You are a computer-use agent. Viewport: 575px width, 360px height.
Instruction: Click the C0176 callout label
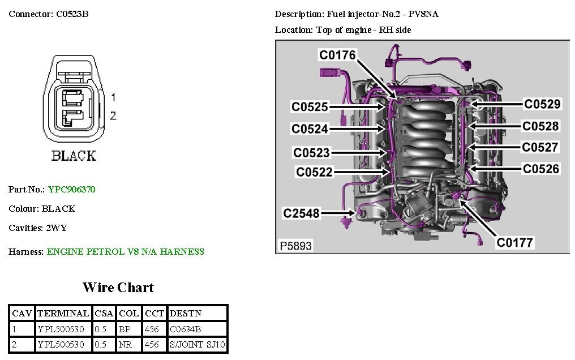(x=337, y=55)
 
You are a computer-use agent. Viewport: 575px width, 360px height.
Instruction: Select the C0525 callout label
(x=310, y=106)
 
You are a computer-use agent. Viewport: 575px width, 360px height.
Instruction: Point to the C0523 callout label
(x=311, y=152)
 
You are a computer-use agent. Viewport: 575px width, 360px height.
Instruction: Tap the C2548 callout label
(x=302, y=213)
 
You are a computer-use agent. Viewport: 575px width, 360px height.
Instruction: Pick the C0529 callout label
(x=542, y=104)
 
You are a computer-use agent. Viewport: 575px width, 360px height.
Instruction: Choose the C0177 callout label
(x=515, y=243)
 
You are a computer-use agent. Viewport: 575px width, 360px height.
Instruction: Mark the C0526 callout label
(x=540, y=169)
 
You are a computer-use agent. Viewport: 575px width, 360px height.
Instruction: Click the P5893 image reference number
(x=296, y=246)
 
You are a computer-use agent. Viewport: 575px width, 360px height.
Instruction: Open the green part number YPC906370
(x=71, y=190)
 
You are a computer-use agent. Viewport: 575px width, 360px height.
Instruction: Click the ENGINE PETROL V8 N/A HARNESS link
(x=125, y=252)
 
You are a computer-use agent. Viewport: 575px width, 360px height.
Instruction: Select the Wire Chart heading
(x=118, y=288)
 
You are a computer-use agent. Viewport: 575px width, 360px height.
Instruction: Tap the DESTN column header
(x=185, y=313)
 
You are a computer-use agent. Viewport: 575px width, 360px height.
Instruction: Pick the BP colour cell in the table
(x=125, y=329)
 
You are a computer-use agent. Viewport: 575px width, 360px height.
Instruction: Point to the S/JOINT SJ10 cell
(x=197, y=344)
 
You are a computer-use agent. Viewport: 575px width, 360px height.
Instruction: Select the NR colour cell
(x=125, y=344)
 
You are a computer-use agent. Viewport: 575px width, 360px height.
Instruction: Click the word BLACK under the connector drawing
(x=74, y=156)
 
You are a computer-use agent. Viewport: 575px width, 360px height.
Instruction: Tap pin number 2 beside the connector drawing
(x=113, y=116)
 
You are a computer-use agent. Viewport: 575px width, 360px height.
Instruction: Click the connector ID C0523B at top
(x=72, y=14)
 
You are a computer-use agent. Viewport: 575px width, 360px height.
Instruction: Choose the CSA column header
(x=104, y=313)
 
